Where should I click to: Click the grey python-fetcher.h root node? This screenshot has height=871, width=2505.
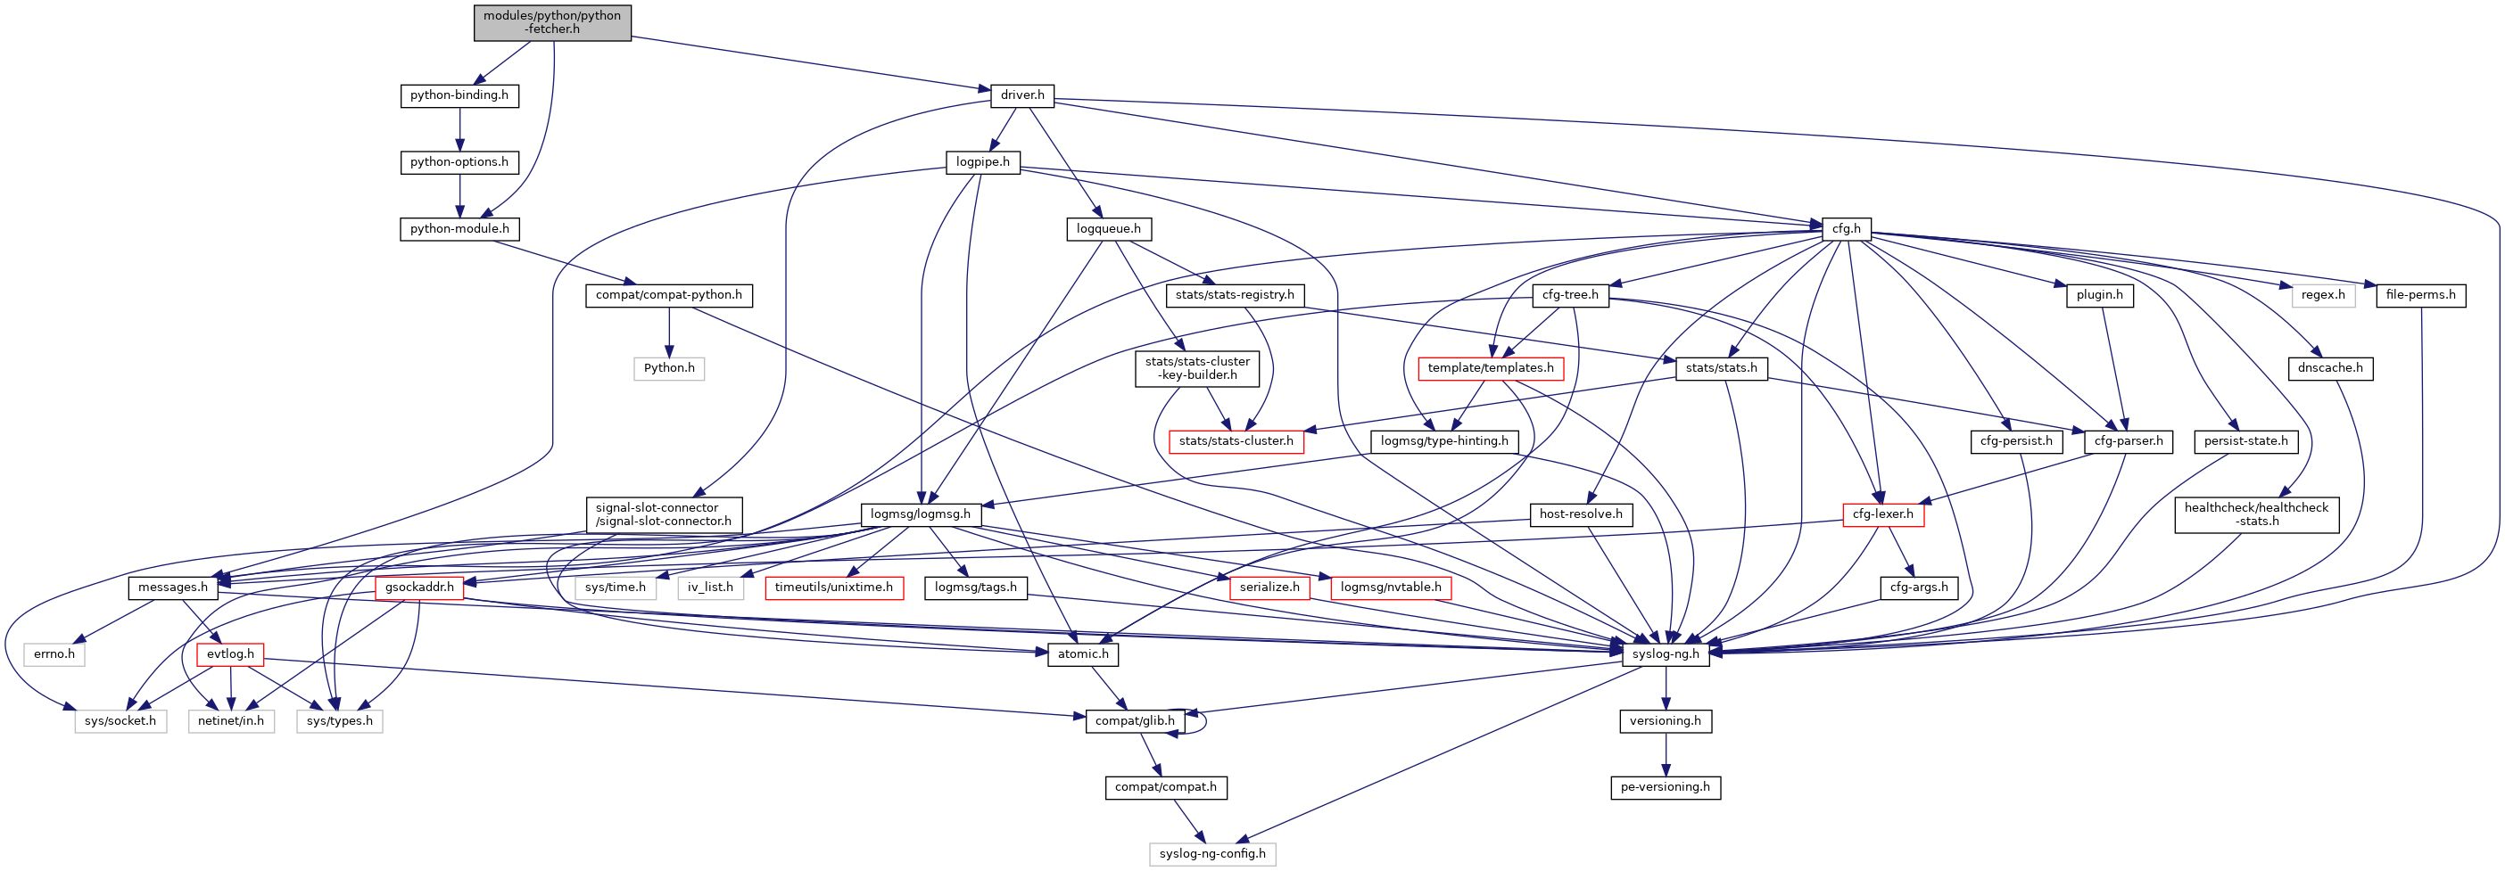click(552, 22)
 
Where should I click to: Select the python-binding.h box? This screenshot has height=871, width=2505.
click(459, 95)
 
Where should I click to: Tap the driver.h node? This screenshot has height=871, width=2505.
click(1022, 95)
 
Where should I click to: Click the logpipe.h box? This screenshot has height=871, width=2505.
click(982, 162)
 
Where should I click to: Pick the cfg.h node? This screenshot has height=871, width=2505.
click(1846, 229)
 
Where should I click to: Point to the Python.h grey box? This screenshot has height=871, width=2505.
click(669, 368)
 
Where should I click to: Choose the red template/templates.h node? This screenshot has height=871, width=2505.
click(1490, 368)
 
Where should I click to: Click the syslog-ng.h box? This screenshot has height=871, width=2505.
click(1666, 654)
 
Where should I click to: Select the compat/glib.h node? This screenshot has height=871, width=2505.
click(1135, 721)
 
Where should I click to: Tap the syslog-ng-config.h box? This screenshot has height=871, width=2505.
click(1211, 854)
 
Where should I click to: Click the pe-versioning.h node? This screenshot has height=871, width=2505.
click(1665, 787)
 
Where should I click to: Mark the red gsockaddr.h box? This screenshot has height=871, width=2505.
click(419, 588)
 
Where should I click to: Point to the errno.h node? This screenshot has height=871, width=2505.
click(54, 654)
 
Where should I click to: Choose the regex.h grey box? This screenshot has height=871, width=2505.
click(2322, 295)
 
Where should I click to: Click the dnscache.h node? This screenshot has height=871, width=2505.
click(2330, 368)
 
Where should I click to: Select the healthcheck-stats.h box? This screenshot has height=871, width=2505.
click(2256, 514)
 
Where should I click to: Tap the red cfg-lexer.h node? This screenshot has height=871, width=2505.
click(1882, 514)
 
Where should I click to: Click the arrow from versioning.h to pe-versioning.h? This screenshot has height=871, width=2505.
click(1666, 754)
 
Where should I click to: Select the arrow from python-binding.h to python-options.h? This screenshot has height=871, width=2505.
click(460, 128)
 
